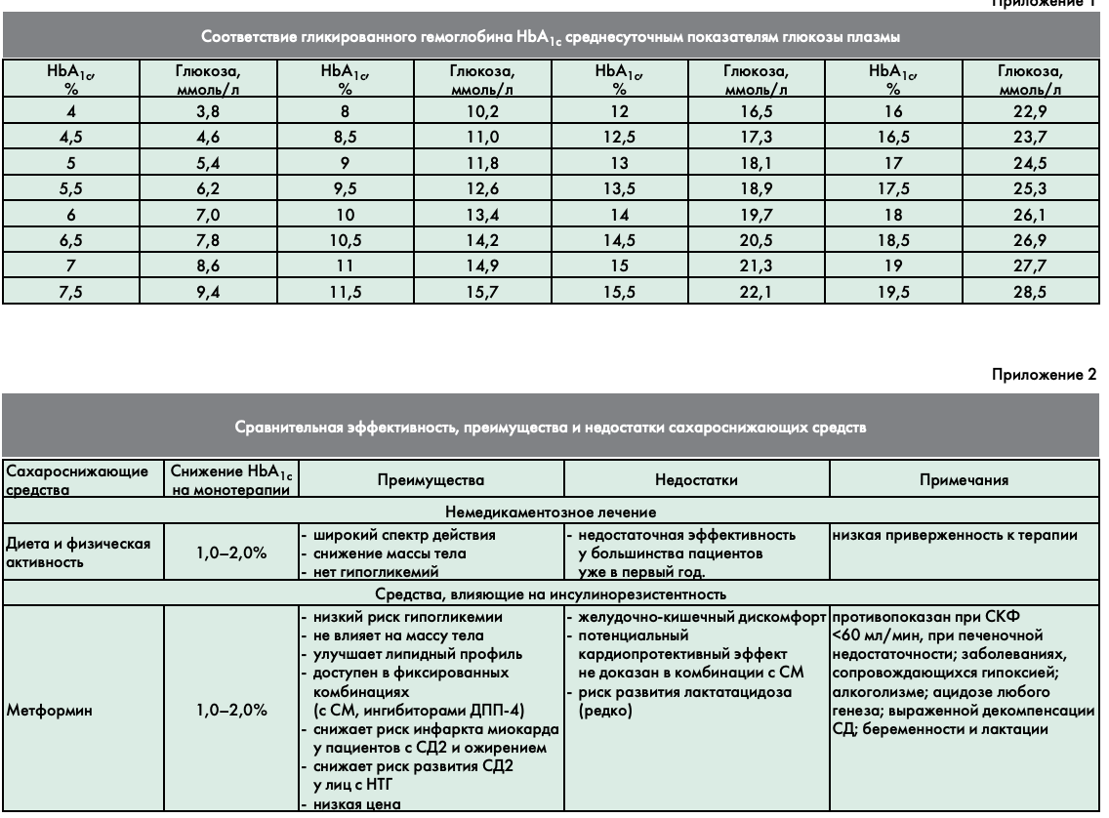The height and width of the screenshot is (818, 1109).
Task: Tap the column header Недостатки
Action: [695, 480]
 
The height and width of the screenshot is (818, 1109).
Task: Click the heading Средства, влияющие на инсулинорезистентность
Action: [554, 594]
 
